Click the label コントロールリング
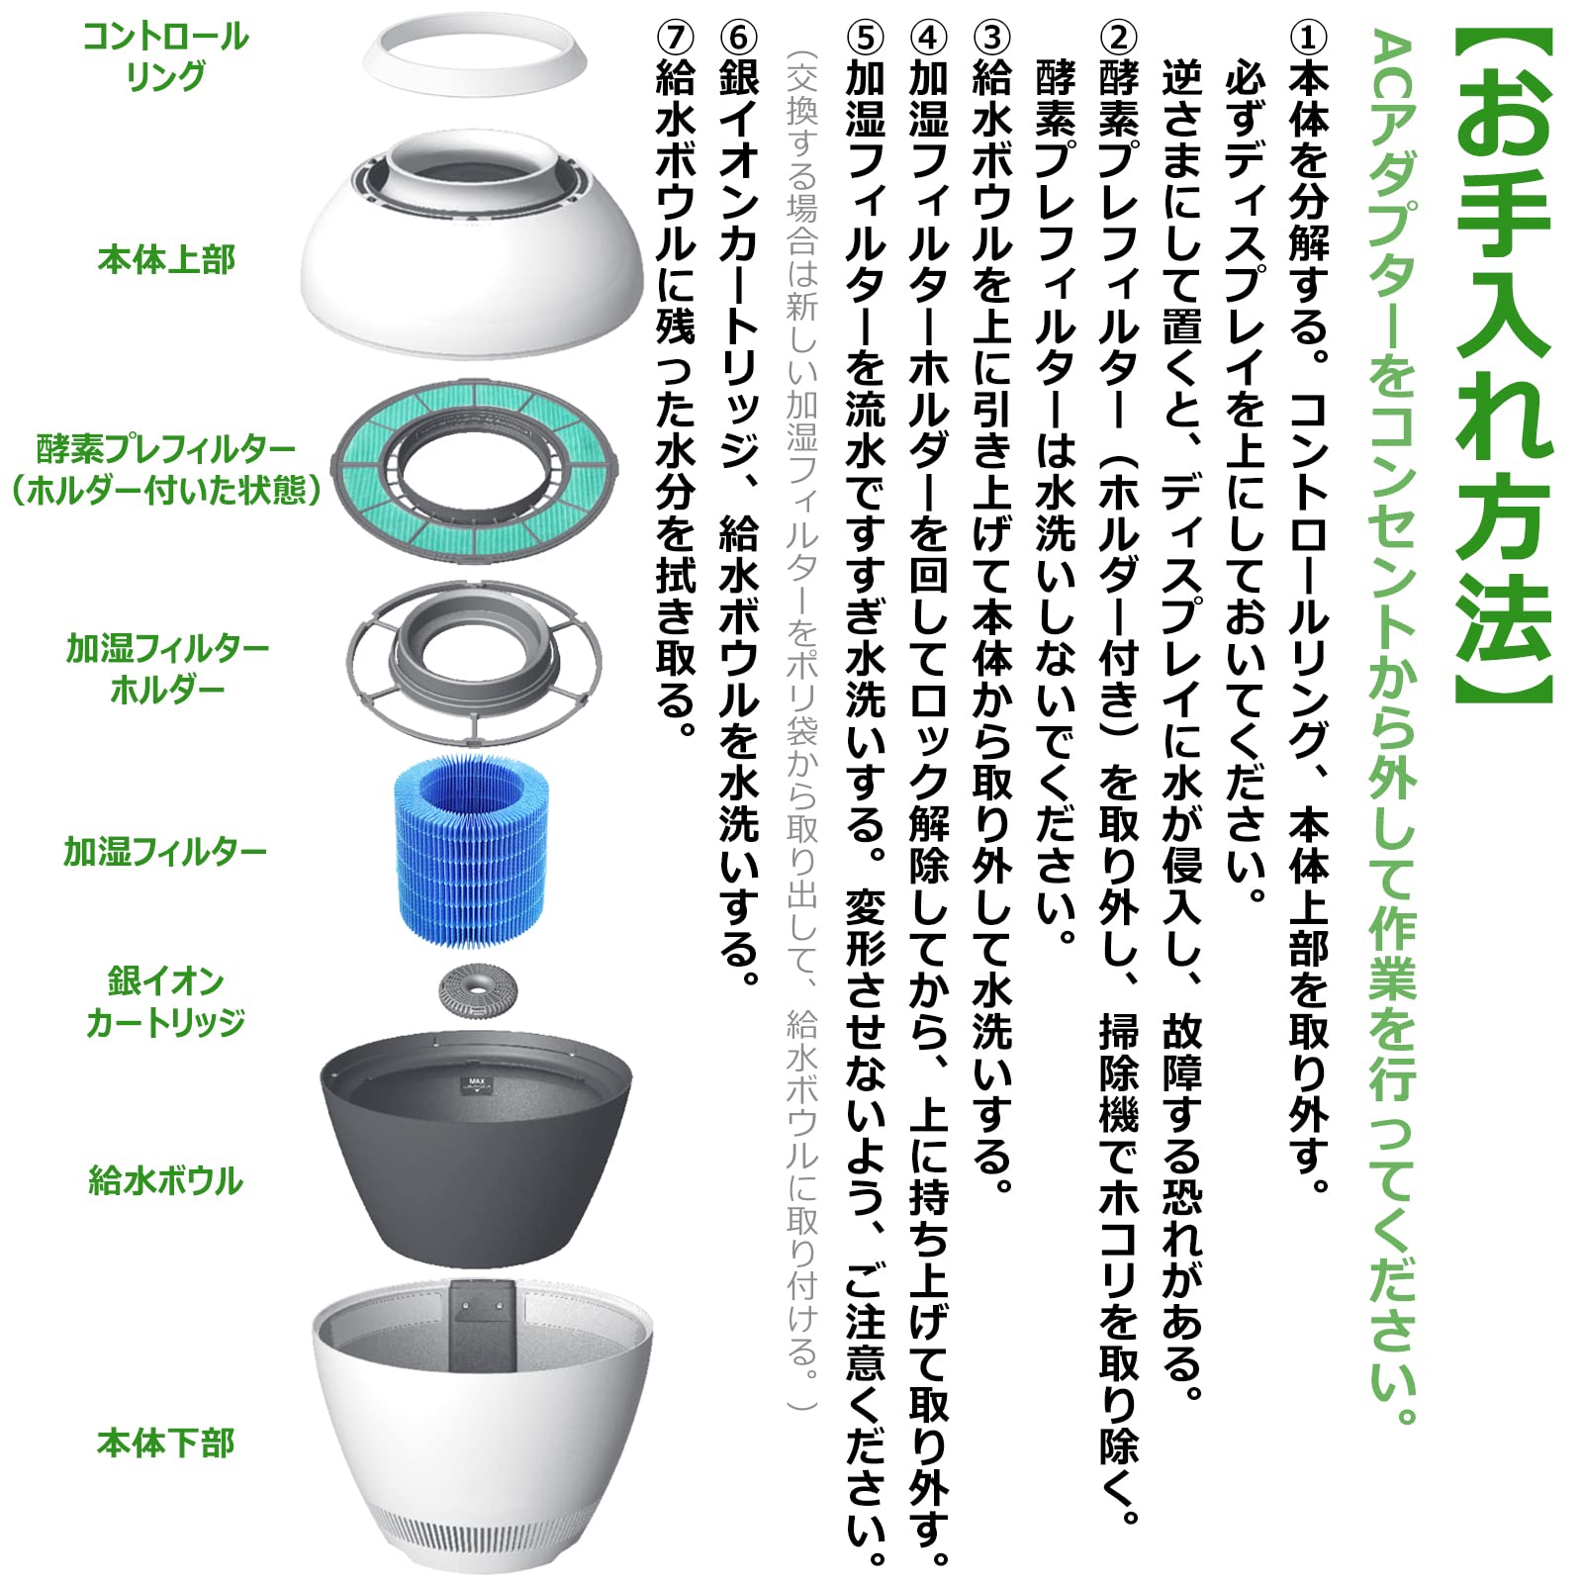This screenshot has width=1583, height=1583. (x=165, y=56)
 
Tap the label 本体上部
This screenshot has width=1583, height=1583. (x=166, y=260)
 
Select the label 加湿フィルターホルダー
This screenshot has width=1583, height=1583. (x=167, y=669)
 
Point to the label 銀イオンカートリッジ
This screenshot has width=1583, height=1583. (x=165, y=1001)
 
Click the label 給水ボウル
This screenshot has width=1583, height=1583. (x=166, y=1180)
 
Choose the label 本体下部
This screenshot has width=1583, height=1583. (x=166, y=1443)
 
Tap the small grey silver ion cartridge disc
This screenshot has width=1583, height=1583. (x=478, y=991)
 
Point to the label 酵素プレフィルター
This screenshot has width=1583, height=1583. (x=166, y=449)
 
